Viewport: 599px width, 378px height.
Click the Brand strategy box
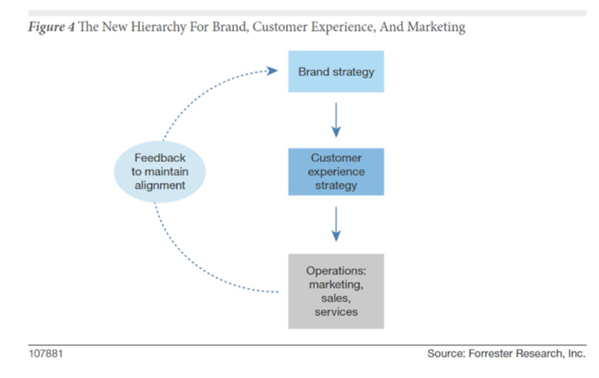(336, 71)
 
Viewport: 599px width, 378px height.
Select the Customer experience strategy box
(336, 172)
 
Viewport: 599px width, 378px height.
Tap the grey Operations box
(336, 291)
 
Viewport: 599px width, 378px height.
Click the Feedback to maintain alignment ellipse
(160, 172)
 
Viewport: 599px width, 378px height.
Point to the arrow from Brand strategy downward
(336, 120)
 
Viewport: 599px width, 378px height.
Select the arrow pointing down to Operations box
(336, 224)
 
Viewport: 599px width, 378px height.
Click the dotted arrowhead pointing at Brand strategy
(272, 71)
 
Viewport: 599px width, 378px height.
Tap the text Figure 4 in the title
(51, 27)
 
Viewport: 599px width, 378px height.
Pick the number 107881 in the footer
(46, 353)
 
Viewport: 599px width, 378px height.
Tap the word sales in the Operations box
(336, 299)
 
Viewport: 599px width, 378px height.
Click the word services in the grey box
(336, 312)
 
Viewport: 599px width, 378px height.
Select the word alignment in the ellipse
(160, 185)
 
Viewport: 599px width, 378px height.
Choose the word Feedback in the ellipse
(160, 158)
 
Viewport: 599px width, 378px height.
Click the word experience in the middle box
(336, 172)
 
